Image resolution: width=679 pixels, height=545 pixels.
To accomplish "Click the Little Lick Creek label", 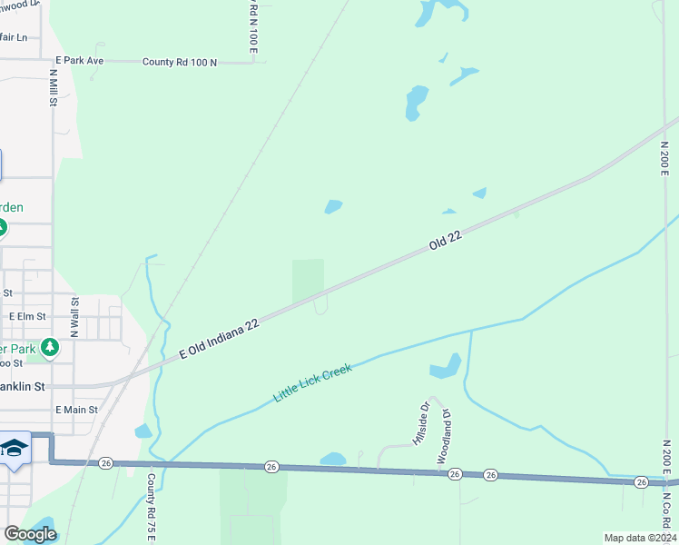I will pyautogui.click(x=312, y=384).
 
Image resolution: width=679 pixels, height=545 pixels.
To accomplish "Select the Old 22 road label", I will pyautogui.click(x=446, y=241).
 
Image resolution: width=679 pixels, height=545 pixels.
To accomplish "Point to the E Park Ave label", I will pyautogui.click(x=80, y=61).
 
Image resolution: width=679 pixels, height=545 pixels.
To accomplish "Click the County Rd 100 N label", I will pyautogui.click(x=180, y=62).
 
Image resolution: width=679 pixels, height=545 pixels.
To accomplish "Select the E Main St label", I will pyautogui.click(x=76, y=411).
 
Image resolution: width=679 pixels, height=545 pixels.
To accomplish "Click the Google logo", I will pyautogui.click(x=29, y=534).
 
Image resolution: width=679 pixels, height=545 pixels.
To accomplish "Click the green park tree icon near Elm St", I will pyautogui.click(x=49, y=347).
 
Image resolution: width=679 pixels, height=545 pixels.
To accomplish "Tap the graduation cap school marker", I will pyautogui.click(x=15, y=448).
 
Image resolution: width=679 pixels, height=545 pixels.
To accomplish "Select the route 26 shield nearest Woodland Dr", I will pyautogui.click(x=456, y=474).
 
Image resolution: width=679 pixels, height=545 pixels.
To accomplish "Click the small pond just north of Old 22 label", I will pyautogui.click(x=333, y=207).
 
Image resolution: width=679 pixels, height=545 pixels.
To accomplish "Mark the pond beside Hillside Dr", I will pyautogui.click(x=445, y=367).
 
